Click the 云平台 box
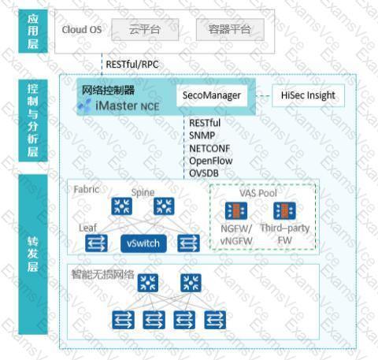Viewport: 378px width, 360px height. point(145,29)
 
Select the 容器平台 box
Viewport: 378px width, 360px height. point(230,29)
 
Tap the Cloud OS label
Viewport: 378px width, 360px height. point(82,29)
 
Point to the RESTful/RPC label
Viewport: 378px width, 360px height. point(132,65)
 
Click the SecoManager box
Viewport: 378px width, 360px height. point(212,95)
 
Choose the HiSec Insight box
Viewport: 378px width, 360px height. point(308,95)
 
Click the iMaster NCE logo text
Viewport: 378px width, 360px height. point(128,106)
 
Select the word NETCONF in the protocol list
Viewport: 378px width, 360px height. point(209,148)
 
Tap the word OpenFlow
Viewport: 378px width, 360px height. point(211,161)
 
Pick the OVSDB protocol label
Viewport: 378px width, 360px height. point(204,173)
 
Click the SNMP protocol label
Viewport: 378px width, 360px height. point(202,135)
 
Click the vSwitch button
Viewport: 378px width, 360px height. point(143,243)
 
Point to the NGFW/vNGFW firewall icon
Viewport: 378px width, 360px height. point(236,211)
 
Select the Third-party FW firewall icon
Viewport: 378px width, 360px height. point(284,211)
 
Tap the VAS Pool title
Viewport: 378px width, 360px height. point(258,193)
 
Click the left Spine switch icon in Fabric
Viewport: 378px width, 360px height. point(121,206)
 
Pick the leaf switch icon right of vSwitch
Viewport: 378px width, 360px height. point(188,243)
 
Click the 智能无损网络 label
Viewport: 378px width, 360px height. point(103,274)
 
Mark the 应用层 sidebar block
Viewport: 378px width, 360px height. point(33,32)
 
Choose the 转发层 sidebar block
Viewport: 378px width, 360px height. point(33,254)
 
